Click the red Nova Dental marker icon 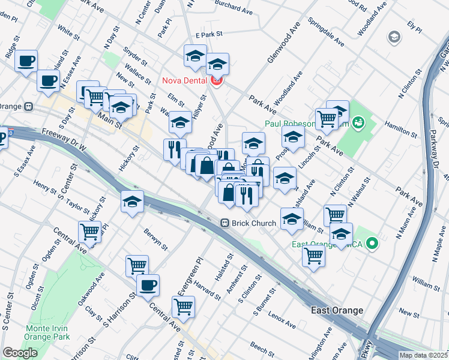click(216, 80)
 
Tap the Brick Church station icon click(225, 223)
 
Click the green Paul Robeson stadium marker click(359, 124)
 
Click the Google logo click(20, 353)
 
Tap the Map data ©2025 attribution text click(423, 355)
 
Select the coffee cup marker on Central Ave click(148, 286)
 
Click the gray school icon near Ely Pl click(394, 37)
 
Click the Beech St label click(262, 347)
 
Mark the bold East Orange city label click(337, 310)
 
